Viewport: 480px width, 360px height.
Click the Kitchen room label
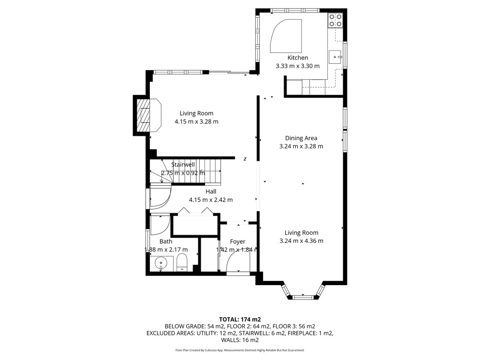(298, 58)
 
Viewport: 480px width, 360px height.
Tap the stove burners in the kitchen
(336, 21)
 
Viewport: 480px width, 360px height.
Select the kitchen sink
(335, 57)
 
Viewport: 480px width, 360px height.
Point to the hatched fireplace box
(143, 115)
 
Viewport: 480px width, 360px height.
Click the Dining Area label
(301, 138)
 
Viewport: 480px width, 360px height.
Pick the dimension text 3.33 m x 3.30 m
(298, 66)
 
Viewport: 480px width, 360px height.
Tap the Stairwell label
(183, 165)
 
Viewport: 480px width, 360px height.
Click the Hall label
(211, 192)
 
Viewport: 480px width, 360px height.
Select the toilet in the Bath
(182, 263)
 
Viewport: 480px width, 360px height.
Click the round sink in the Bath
(161, 263)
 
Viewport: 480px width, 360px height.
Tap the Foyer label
(238, 241)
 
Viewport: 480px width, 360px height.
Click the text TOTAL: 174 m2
(240, 320)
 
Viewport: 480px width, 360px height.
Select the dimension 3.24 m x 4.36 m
(301, 241)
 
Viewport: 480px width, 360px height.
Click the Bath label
(166, 241)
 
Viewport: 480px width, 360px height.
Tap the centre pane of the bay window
(303, 297)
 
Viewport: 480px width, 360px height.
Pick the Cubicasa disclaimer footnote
(240, 350)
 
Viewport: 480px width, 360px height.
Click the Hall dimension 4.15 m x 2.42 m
(211, 200)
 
